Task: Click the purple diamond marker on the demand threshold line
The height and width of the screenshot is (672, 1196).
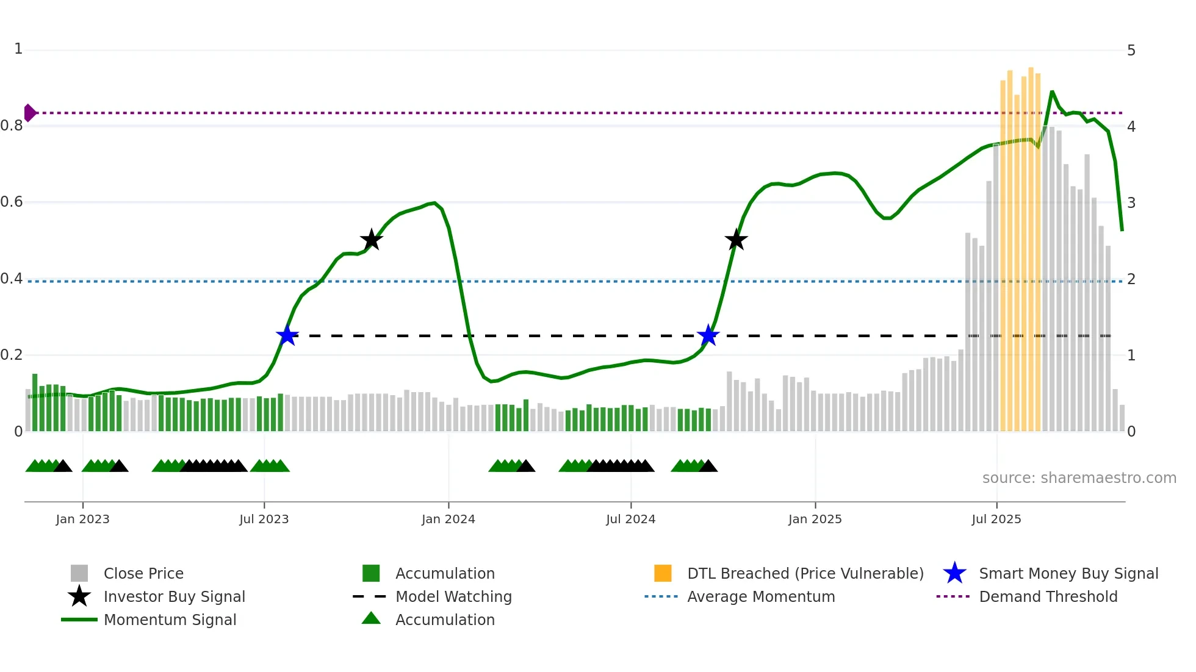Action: [x=29, y=113]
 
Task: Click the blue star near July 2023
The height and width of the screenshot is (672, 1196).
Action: [x=287, y=335]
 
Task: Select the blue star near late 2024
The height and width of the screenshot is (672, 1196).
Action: [x=708, y=335]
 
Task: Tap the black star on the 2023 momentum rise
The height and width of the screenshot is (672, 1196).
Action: [x=371, y=240]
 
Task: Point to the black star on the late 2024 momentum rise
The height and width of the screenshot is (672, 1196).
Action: [x=736, y=240]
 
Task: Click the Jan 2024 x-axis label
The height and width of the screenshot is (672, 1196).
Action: [x=448, y=519]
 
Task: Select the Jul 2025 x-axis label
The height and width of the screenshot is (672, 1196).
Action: [x=996, y=519]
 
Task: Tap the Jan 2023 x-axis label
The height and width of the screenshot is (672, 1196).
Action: [x=82, y=519]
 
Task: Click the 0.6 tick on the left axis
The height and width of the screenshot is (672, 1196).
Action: [x=12, y=202]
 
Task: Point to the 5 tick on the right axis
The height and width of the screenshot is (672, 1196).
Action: [x=1131, y=51]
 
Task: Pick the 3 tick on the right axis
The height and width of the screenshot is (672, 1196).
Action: [x=1131, y=203]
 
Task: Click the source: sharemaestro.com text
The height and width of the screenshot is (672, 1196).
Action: [x=1079, y=478]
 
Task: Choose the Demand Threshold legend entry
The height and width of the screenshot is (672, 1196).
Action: [x=1048, y=597]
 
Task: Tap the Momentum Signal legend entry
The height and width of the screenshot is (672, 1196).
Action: [x=170, y=620]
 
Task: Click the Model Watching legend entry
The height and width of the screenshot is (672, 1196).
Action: [x=453, y=597]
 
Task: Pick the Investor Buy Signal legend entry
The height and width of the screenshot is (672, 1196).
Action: [x=174, y=597]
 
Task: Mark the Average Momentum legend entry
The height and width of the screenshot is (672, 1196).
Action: [x=760, y=597]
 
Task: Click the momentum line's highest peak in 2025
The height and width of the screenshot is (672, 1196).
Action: [x=1052, y=91]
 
